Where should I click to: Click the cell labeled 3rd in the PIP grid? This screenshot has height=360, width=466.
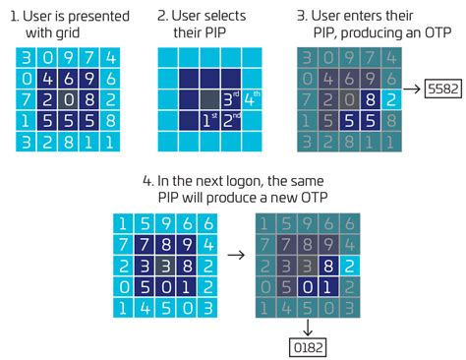pos(230,99)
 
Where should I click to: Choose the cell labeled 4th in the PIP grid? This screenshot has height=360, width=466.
pos(252,99)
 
